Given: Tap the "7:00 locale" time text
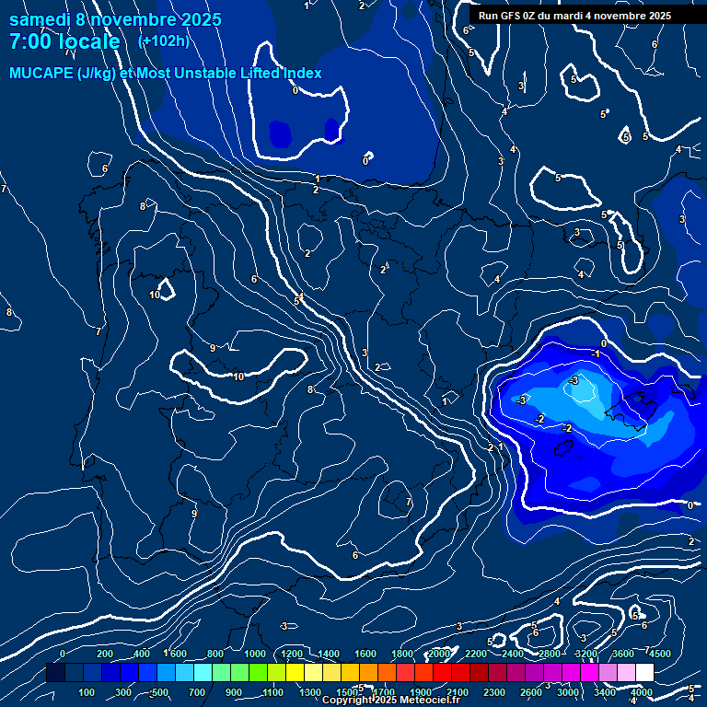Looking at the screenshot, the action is pyautogui.click(x=64, y=41).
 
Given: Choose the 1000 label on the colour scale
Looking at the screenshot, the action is pyautogui.click(x=255, y=654).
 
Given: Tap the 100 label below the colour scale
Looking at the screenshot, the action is pyautogui.click(x=87, y=692).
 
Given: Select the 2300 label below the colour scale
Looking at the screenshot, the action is pyautogui.click(x=495, y=692).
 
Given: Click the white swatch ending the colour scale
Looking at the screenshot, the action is pyautogui.click(x=644, y=673).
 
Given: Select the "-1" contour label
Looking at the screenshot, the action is pyautogui.click(x=597, y=353).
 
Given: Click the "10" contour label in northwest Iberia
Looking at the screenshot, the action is pyautogui.click(x=156, y=295).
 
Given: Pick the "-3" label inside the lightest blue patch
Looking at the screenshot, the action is pyautogui.click(x=574, y=380).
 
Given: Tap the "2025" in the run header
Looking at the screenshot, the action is pyautogui.click(x=658, y=16).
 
